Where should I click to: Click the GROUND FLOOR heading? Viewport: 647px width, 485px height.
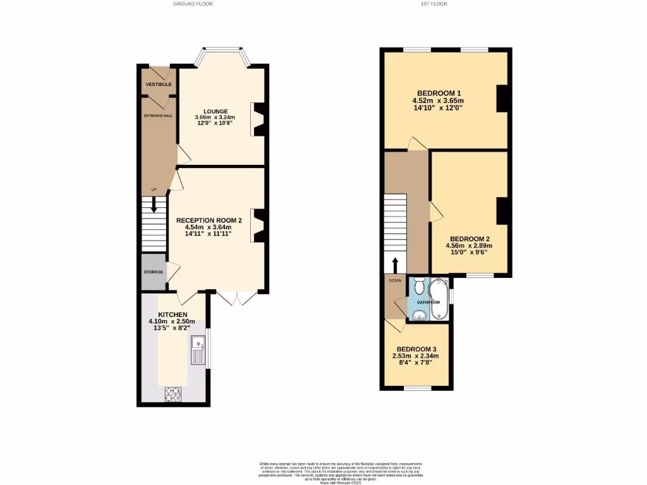coord(193,4)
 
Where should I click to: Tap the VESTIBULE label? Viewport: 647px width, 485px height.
coord(158,84)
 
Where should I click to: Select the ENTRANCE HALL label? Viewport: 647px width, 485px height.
coord(158,116)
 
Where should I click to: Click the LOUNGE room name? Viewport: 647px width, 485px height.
coord(215,111)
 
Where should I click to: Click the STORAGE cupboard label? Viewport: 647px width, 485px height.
coord(154,272)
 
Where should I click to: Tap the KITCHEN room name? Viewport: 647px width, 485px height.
coord(172,314)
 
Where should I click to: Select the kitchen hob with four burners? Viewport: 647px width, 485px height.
coord(173,393)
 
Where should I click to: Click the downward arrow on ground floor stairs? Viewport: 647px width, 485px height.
coord(153,205)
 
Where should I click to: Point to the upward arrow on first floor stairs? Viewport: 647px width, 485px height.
coord(396,263)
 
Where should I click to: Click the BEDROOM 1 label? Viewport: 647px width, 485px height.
coord(438,93)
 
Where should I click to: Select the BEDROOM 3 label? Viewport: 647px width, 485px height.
coord(416,349)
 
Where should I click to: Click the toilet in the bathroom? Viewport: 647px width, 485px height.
coord(419,288)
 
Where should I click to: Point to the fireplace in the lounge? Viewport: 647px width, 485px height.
coord(259,119)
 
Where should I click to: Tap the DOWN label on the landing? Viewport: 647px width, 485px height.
coord(395,281)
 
